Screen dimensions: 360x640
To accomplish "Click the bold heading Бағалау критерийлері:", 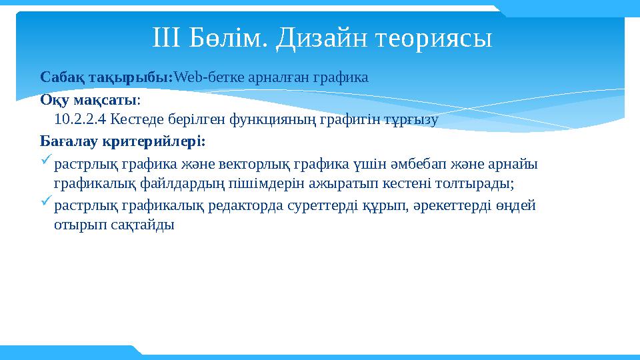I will [123, 141].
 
